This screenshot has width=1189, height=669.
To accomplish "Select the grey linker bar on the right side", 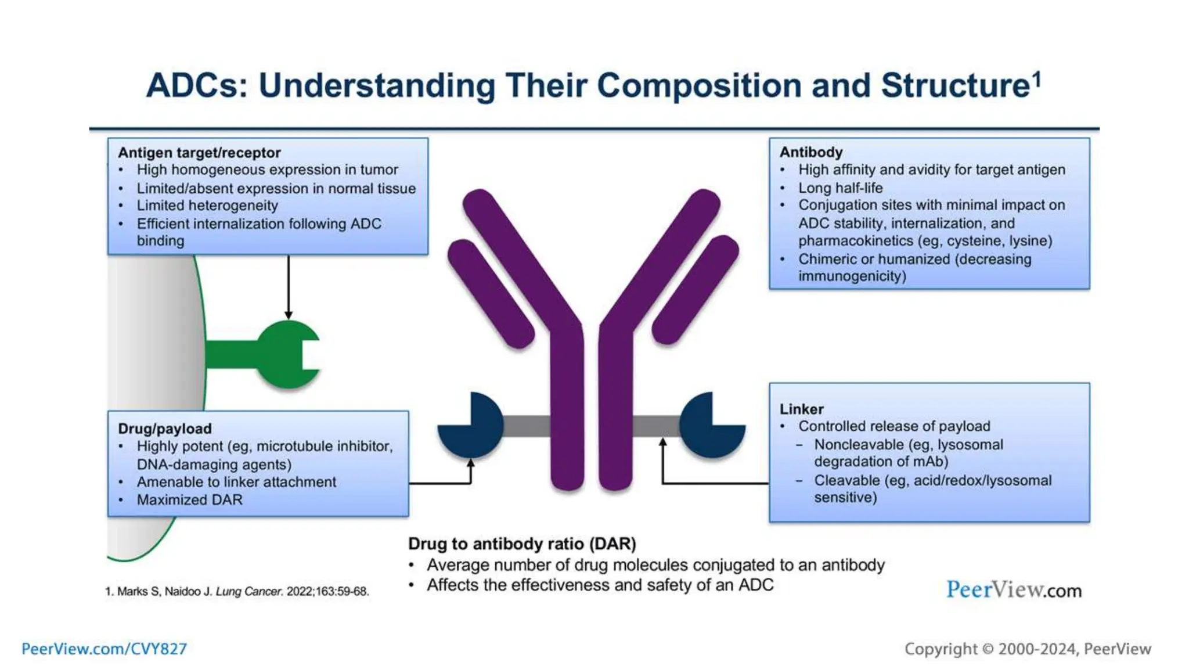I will pyautogui.click(x=656, y=426).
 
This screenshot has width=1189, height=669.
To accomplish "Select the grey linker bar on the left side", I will pyautogui.click(x=526, y=426).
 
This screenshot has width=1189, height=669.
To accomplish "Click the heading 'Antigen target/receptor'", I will pyautogui.click(x=199, y=153).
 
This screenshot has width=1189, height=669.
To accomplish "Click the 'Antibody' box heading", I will pyautogui.click(x=810, y=152).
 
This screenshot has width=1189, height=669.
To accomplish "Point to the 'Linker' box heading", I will pyautogui.click(x=801, y=409).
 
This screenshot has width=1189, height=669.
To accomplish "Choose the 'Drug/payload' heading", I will pyautogui.click(x=164, y=429).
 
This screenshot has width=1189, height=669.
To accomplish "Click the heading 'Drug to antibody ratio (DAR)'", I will pyautogui.click(x=521, y=544).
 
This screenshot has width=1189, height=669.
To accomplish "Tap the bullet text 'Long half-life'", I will pyautogui.click(x=839, y=188).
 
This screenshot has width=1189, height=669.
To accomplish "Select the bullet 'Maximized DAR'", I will pyautogui.click(x=189, y=499).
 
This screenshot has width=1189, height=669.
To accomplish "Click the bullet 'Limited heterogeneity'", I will pyautogui.click(x=207, y=206).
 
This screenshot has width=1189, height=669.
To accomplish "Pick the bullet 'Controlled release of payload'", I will pyautogui.click(x=893, y=426).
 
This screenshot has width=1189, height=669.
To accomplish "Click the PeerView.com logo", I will pyautogui.click(x=1013, y=590).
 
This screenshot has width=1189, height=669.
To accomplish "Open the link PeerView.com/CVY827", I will pyautogui.click(x=104, y=649).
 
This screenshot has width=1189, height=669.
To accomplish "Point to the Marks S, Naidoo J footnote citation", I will pyautogui.click(x=237, y=591).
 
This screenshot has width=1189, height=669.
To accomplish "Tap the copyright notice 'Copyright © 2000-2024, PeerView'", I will pyautogui.click(x=1027, y=649).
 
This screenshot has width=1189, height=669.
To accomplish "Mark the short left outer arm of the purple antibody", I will pyautogui.click(x=491, y=293).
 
